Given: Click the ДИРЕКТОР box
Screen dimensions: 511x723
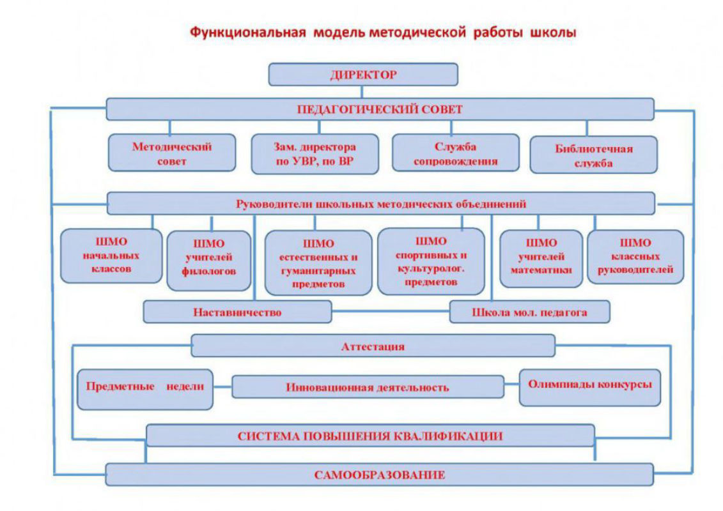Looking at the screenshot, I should click(363, 74).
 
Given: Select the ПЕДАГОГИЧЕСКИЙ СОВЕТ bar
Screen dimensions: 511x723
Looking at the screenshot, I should click(380, 109).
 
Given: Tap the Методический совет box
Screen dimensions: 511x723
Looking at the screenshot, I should click(171, 153).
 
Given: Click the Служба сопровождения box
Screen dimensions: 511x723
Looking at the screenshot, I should click(455, 154).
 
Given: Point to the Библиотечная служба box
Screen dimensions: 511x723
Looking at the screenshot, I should click(593, 155).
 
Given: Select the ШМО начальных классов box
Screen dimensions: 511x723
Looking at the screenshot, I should click(111, 256).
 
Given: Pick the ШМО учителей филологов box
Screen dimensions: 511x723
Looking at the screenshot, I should click(209, 257).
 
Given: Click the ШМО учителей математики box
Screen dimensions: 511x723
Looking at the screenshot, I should click(541, 257).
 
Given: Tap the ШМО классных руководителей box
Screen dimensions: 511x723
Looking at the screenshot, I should click(635, 256).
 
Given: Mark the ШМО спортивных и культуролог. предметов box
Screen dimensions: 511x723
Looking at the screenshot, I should click(431, 261).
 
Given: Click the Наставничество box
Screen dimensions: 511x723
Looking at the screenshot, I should click(237, 312).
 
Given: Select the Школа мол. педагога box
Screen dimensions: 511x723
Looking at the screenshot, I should click(529, 312).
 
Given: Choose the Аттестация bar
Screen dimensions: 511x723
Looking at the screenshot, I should click(373, 346).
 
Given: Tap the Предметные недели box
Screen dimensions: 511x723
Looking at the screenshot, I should click(145, 386).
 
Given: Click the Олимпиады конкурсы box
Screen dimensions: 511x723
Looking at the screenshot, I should click(589, 385).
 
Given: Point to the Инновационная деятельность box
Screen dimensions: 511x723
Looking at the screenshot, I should click(368, 387).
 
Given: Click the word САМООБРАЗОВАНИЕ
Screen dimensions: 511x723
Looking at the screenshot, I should click(380, 475).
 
